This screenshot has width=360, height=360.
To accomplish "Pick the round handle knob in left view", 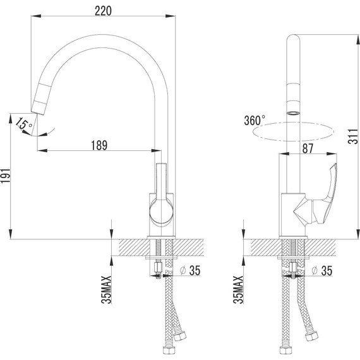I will click(x=160, y=213).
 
